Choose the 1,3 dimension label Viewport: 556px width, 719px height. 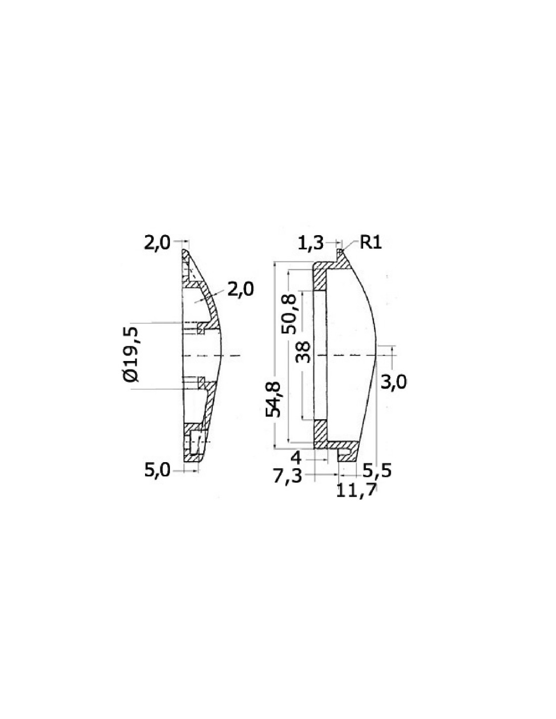[310, 243]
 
